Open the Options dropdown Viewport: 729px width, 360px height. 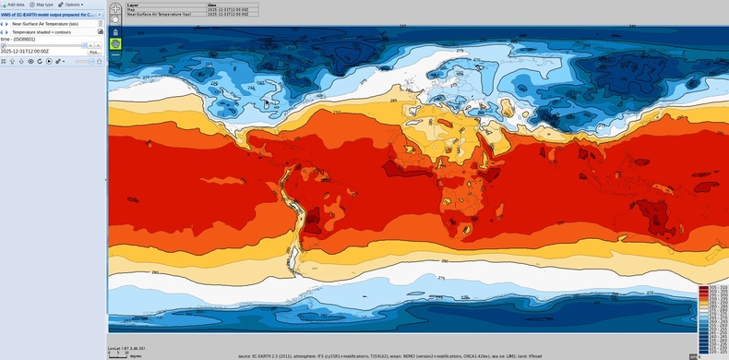pyautogui.click(x=71, y=5)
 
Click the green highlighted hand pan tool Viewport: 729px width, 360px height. pyautogui.click(x=114, y=43)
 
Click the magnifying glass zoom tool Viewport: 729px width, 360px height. pyautogui.click(x=114, y=19)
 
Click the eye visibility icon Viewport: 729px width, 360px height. pyautogui.click(x=30, y=62)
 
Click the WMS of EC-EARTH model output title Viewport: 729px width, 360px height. pyautogui.click(x=48, y=15)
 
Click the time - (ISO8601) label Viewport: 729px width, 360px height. pyautogui.click(x=18, y=39)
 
